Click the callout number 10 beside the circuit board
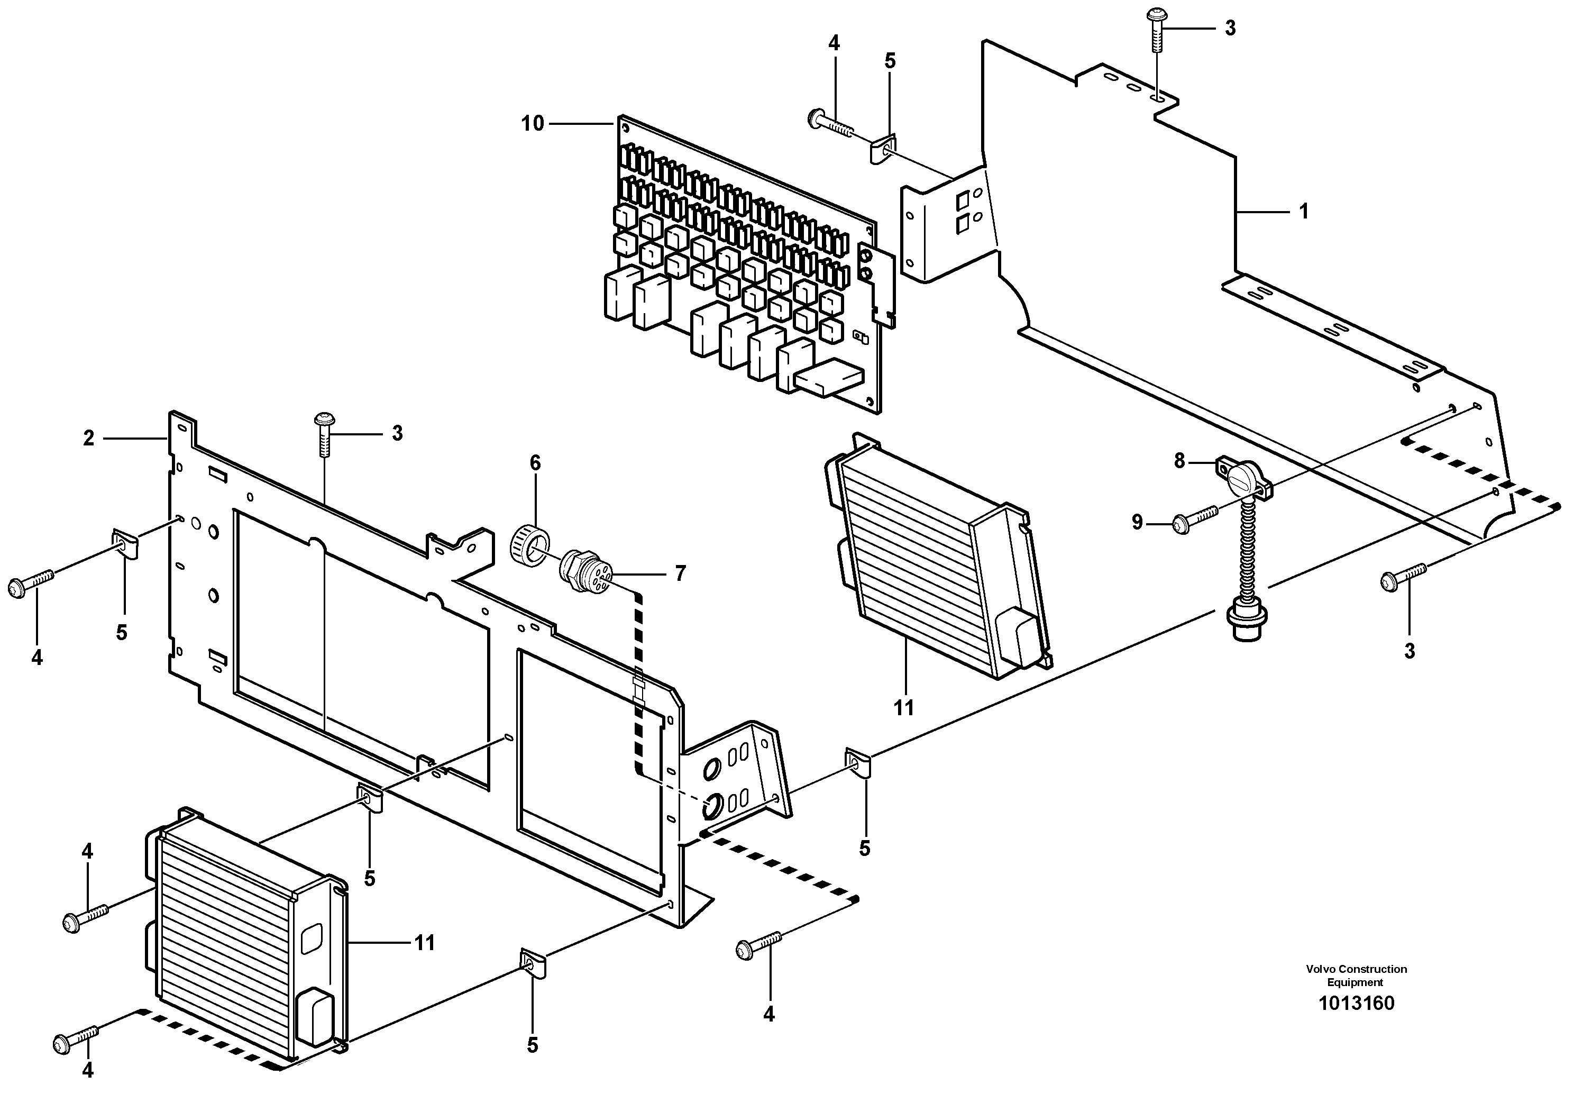click(533, 124)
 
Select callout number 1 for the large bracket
click(1303, 212)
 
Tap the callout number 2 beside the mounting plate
click(88, 438)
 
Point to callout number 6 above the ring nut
click(535, 463)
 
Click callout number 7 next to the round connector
click(680, 573)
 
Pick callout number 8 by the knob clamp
click(1179, 461)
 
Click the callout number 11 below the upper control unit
click(903, 707)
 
